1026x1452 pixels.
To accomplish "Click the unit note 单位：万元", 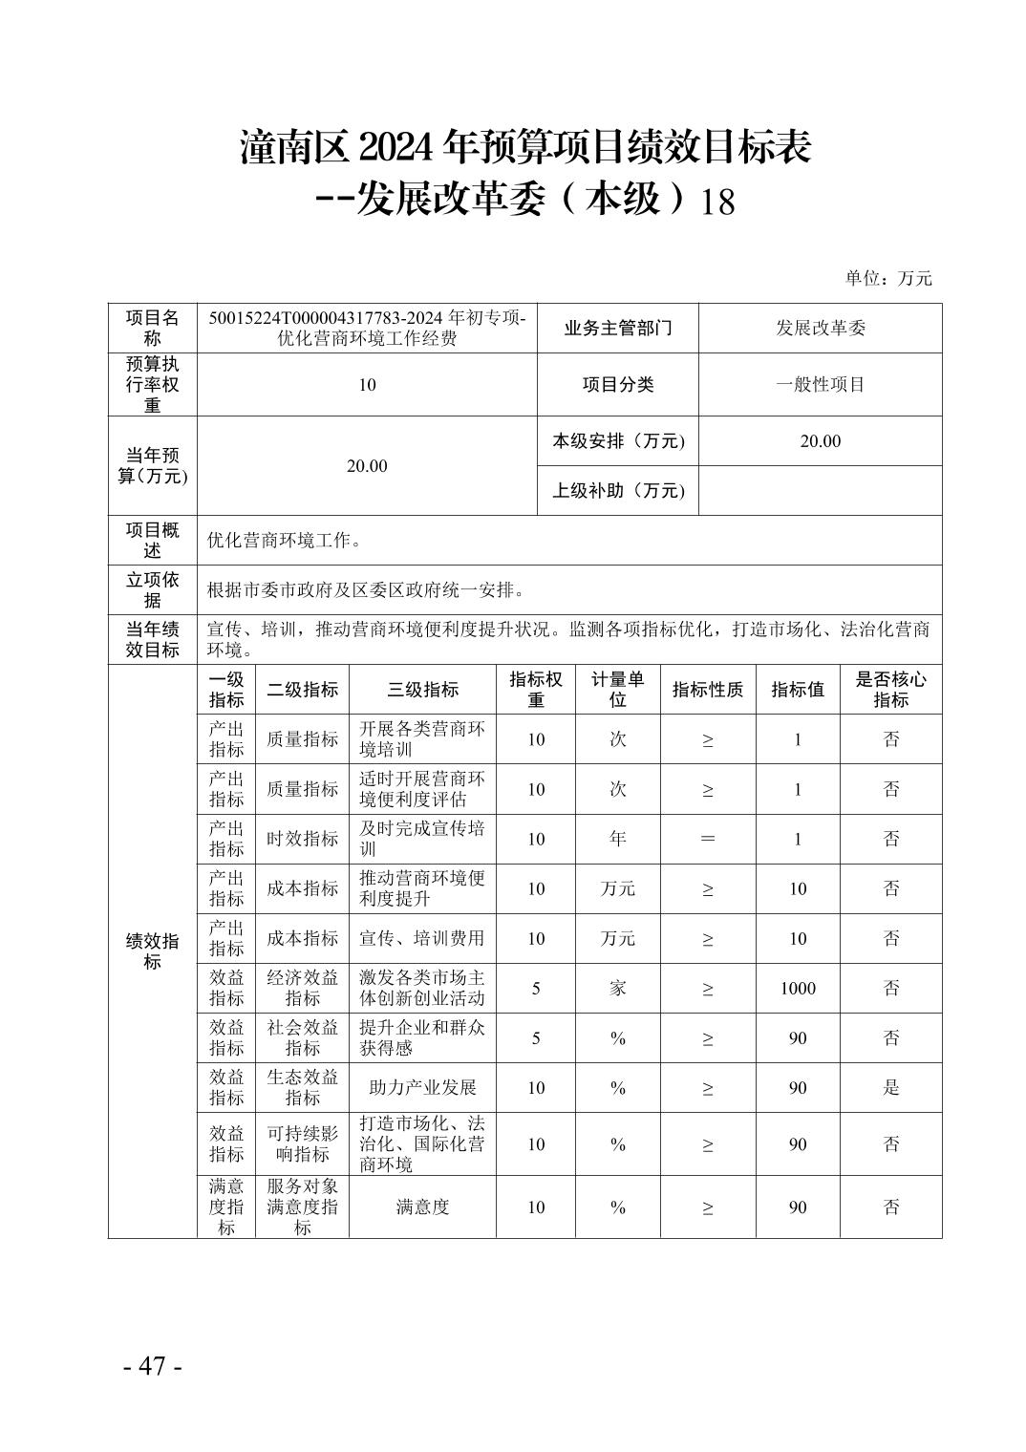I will coord(887,278).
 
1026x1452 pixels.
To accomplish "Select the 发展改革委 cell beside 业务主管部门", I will coord(820,328).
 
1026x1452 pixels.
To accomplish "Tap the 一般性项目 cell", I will coord(820,384).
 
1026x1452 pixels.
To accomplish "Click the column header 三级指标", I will coord(422,689).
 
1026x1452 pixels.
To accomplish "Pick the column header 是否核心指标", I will coord(890,689).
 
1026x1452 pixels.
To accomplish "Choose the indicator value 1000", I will coord(798,988).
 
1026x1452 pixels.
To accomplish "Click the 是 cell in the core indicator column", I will coord(890,1087).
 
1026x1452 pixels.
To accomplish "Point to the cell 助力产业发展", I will coord(422,1087).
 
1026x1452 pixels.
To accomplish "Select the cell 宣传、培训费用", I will coord(422,938).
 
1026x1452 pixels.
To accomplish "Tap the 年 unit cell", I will coord(617,839).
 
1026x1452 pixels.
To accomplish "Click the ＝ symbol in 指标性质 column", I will coord(707,839).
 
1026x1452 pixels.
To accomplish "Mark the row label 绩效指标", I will coord(152,951).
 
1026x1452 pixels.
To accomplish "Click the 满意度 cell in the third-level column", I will coord(422,1206).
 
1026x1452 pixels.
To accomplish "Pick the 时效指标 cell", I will coord(302,839).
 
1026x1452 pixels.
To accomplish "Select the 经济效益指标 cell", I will coord(302,988).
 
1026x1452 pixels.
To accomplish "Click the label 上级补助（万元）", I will coord(618,490).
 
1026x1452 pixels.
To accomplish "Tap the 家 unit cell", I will coord(617,988).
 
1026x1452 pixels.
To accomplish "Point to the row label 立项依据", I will coord(152,589).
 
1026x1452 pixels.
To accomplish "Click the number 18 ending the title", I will coord(717,203).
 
